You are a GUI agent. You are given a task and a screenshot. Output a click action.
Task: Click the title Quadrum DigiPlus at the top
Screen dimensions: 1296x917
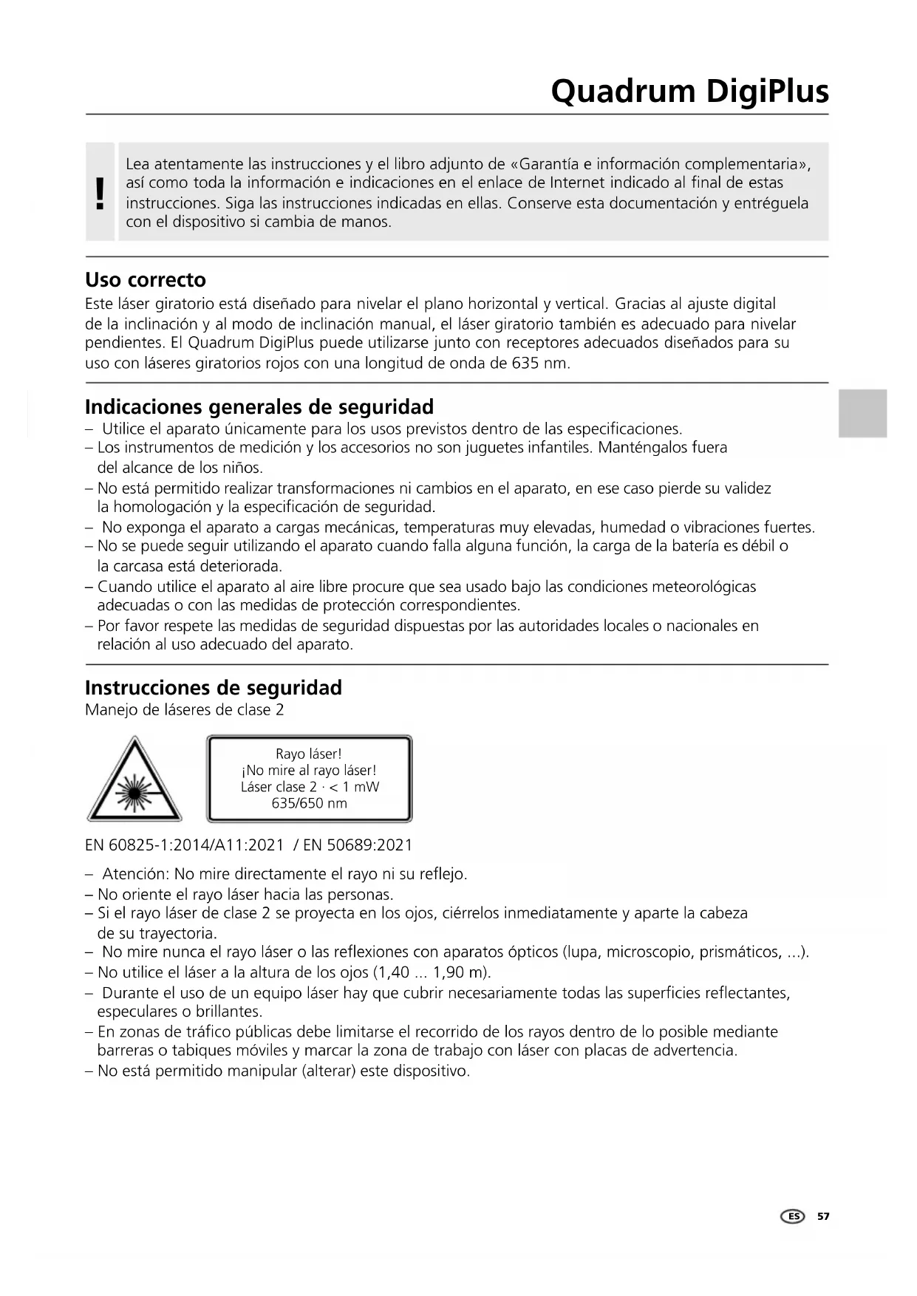tap(689, 92)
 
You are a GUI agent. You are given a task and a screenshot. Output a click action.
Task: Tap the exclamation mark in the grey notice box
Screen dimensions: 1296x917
tap(100, 193)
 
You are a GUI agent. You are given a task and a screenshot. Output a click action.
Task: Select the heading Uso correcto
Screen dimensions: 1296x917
tap(146, 280)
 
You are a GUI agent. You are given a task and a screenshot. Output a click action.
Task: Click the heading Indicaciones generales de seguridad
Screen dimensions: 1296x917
tap(259, 407)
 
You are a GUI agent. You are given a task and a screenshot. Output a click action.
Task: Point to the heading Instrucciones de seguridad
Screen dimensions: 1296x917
tap(214, 688)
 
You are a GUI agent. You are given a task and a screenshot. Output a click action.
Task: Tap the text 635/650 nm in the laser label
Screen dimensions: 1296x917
tap(309, 803)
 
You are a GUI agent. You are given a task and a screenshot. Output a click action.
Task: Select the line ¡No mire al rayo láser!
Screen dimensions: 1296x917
tap(309, 771)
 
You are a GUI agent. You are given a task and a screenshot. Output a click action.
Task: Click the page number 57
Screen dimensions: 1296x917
tap(823, 1216)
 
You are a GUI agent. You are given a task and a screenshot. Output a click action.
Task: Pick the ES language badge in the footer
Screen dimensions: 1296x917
tap(793, 1216)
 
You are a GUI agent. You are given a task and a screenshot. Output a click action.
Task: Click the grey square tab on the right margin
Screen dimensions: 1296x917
tap(862, 414)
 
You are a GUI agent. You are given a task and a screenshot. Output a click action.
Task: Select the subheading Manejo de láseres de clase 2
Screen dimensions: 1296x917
tap(185, 710)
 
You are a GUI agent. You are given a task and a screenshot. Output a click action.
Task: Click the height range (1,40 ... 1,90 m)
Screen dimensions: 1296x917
tap(432, 972)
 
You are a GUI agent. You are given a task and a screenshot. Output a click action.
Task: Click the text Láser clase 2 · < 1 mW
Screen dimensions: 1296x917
tap(309, 787)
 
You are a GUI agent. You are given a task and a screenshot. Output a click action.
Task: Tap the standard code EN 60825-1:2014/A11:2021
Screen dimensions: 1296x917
tap(185, 845)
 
